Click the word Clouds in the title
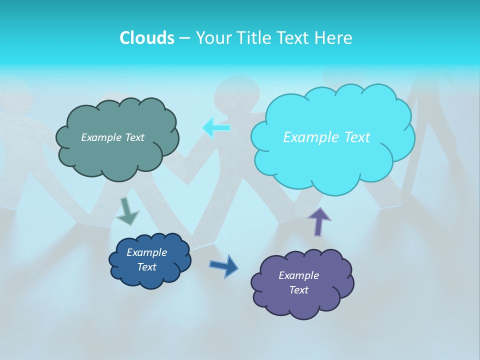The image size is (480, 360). click(x=146, y=38)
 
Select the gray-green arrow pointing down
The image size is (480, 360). click(x=126, y=211)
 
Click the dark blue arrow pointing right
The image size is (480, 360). click(x=224, y=265)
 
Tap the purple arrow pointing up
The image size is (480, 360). click(x=318, y=220)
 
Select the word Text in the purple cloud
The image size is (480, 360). click(x=298, y=290)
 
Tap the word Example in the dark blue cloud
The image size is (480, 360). click(x=146, y=252)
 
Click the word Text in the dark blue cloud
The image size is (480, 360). click(x=146, y=267)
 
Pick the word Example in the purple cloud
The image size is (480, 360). click(x=298, y=275)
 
